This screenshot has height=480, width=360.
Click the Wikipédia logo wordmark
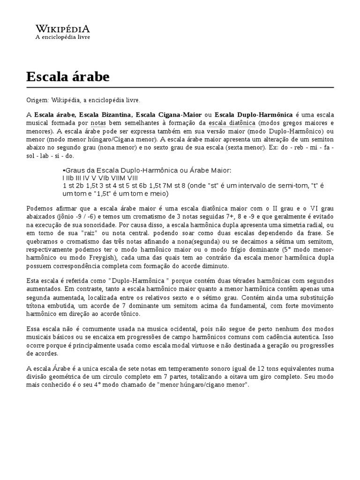(63, 28)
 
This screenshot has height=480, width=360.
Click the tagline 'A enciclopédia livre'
(63, 37)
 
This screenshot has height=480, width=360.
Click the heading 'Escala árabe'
(68, 76)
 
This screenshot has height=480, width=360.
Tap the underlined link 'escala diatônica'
(232, 123)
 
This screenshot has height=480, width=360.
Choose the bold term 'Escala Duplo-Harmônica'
(253, 115)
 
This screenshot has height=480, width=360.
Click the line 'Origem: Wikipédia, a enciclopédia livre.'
(83, 100)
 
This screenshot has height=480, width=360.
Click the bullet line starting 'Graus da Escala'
(147, 170)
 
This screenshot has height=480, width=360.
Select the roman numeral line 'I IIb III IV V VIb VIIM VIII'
(100, 178)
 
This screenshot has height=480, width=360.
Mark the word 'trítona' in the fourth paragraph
(38, 306)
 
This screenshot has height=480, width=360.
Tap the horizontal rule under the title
(180, 88)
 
